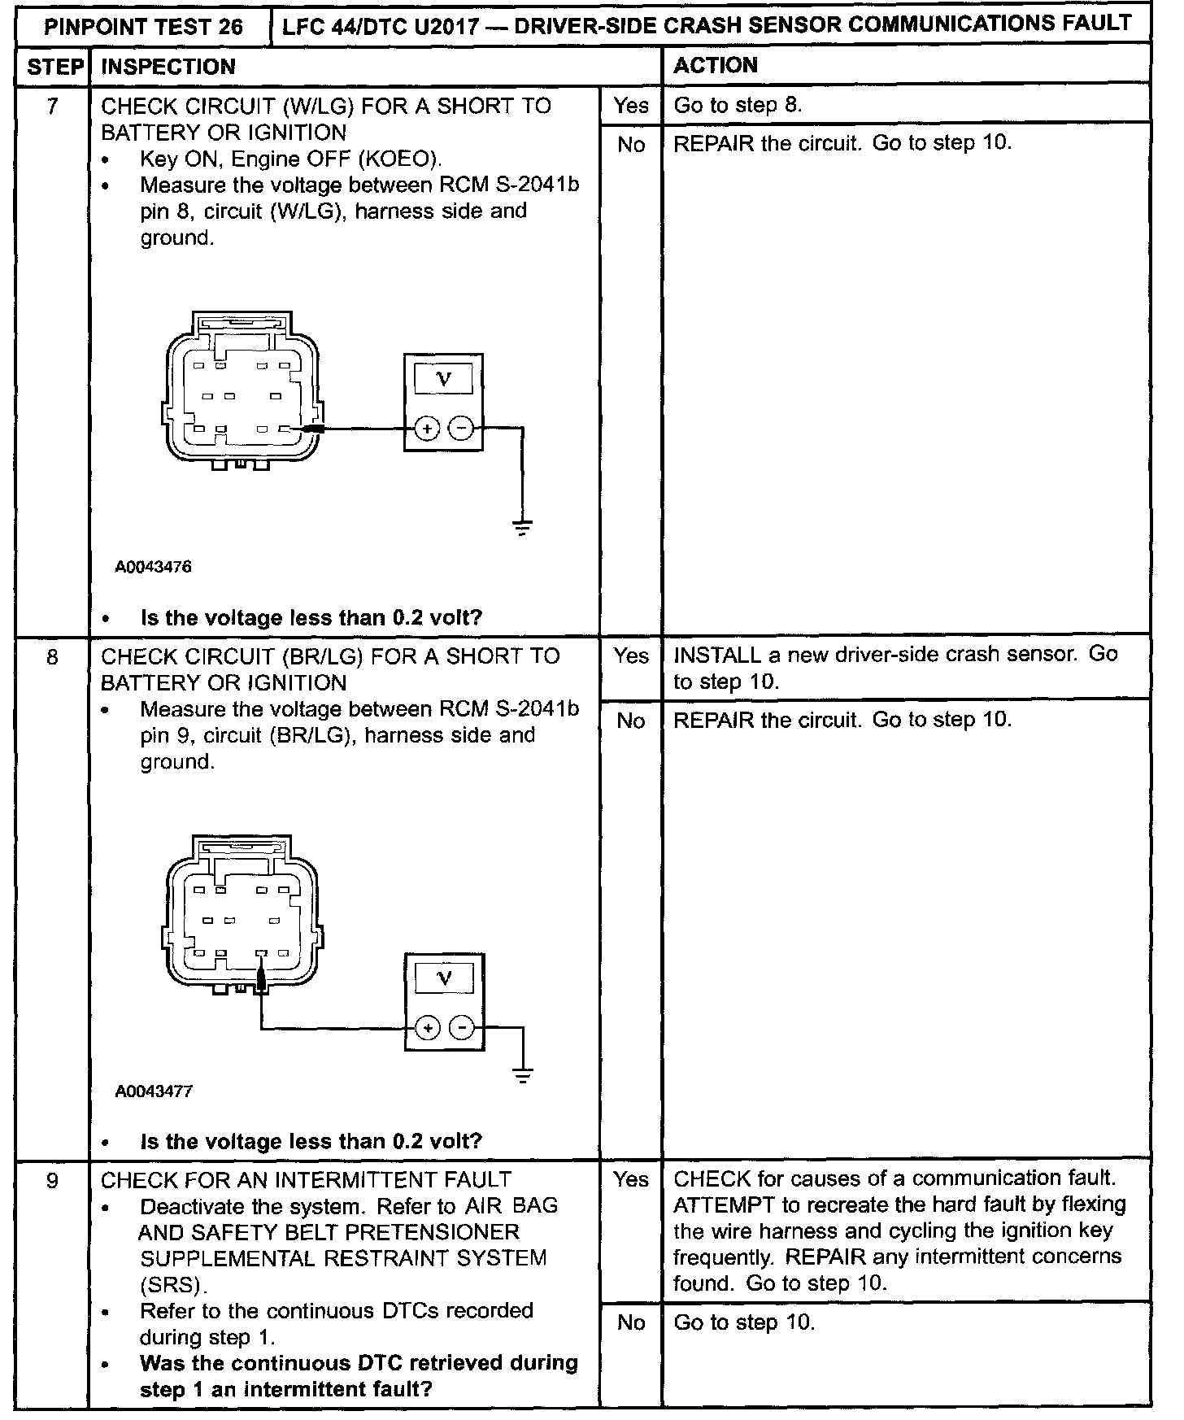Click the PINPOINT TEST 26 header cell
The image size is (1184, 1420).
coord(143,26)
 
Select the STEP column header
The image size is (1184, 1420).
coord(54,67)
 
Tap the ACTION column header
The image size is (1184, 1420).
coord(716,65)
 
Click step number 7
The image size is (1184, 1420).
coord(53,106)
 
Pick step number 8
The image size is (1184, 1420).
coord(53,656)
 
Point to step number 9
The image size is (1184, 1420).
coord(53,1180)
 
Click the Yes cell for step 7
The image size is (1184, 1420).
coord(631,106)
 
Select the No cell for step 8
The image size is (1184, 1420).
coord(631,721)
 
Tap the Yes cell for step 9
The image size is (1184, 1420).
coord(631,1179)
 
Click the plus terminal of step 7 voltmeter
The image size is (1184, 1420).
coord(428,428)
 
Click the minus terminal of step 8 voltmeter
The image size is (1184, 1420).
coord(462,1029)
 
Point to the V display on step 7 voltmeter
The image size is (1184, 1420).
coord(443,378)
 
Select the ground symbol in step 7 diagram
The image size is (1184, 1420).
coord(523,527)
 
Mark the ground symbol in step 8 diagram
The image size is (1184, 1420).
coord(524,1075)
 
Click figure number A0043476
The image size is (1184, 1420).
coord(154,567)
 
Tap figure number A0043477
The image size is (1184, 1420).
coord(154,1091)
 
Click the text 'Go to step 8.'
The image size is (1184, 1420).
coord(738,106)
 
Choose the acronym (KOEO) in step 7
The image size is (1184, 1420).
coord(400,159)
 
